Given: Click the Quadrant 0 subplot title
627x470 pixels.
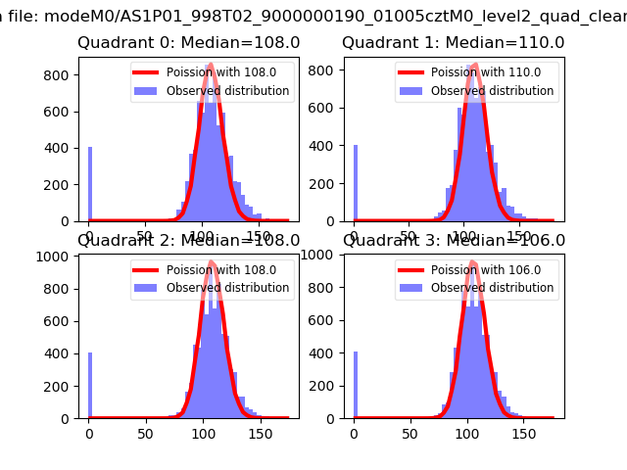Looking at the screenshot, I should point(188,43).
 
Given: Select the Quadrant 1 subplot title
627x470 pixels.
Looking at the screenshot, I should point(453,43).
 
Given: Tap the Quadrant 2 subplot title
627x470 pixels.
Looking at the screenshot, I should point(188,241).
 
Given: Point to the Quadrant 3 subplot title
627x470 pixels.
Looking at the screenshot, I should point(453,241).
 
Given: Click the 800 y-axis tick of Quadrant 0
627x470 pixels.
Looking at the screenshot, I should point(61,75).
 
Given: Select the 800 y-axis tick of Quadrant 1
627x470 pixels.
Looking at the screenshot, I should point(325,75).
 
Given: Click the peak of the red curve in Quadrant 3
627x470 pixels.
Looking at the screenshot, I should point(472,261).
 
